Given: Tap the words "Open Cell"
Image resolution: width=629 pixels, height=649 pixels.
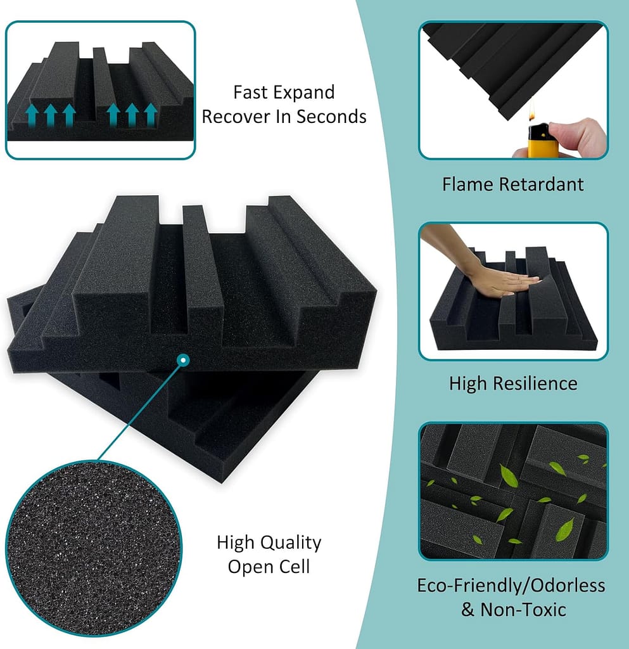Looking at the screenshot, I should pyautogui.click(x=269, y=566).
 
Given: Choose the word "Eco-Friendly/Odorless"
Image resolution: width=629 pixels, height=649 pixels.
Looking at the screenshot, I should pyautogui.click(x=511, y=585).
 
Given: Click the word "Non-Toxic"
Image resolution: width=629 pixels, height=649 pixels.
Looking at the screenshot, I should pyautogui.click(x=523, y=610).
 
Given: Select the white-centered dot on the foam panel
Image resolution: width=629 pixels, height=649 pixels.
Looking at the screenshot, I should pyautogui.click(x=183, y=360).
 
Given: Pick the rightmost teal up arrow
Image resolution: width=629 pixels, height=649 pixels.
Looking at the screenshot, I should pyautogui.click(x=150, y=115).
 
